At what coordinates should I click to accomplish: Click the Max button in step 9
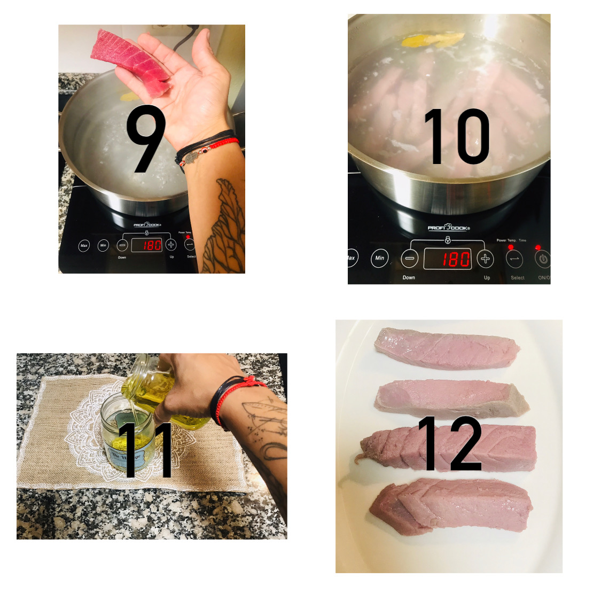pyautogui.click(x=84, y=246)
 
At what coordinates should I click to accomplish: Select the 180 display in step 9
pyautogui.click(x=147, y=245)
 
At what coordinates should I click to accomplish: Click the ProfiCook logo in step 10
pyautogui.click(x=448, y=228)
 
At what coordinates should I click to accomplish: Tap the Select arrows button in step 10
pyautogui.click(x=515, y=259)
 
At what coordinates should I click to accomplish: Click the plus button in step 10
pyautogui.click(x=485, y=259)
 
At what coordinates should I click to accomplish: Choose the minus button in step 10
pyautogui.click(x=410, y=259)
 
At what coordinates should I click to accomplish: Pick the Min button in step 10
pyautogui.click(x=379, y=258)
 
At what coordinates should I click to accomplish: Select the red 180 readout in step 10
pyautogui.click(x=448, y=259)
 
